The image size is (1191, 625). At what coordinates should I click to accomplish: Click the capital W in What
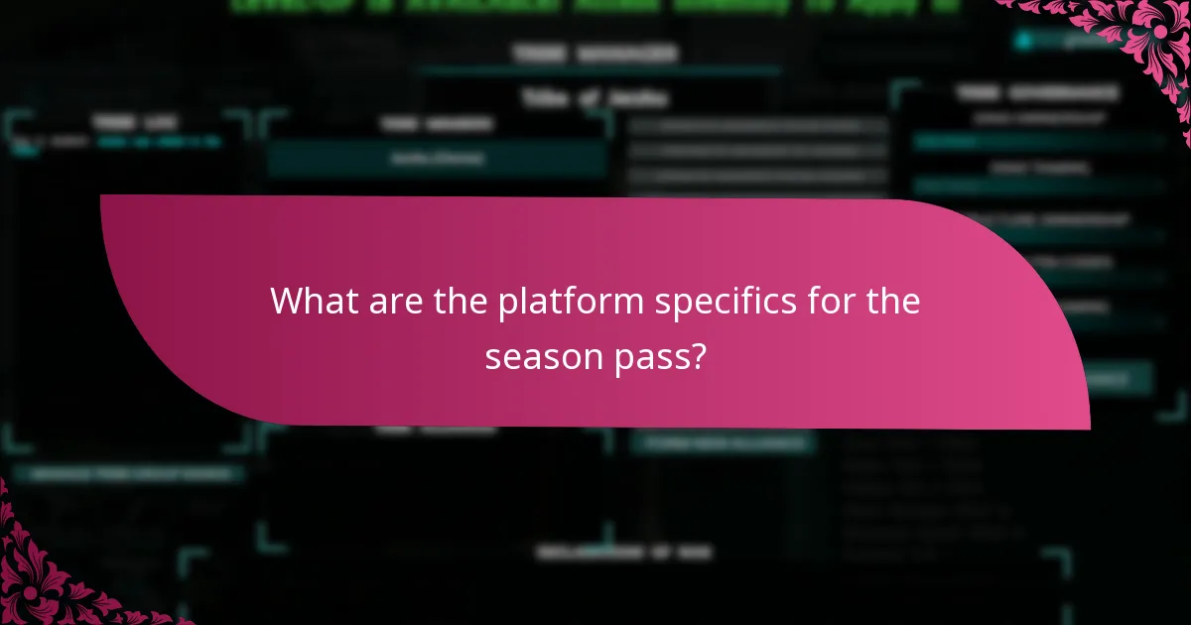tap(288, 301)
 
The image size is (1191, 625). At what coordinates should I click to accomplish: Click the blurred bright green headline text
tap(595, 6)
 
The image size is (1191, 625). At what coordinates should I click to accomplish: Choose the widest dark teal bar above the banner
tap(437, 159)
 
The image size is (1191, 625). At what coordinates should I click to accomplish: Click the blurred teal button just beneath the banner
tap(723, 442)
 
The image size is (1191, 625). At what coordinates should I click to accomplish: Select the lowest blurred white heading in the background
tap(623, 553)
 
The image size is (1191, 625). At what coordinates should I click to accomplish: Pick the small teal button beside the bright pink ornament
tap(1052, 41)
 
